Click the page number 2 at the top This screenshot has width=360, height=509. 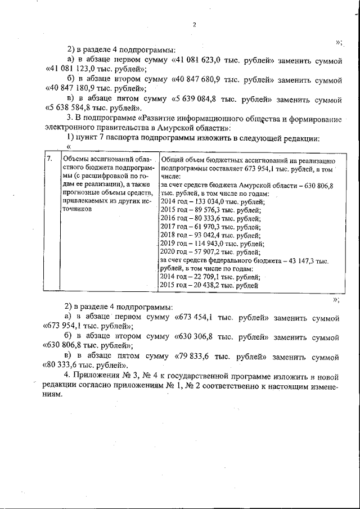193,24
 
